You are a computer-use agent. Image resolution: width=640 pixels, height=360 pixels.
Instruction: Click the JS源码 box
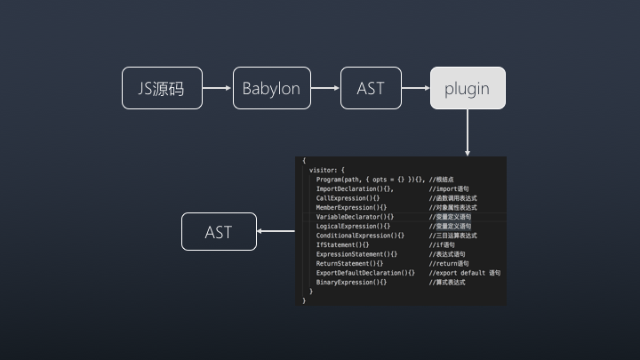coord(162,88)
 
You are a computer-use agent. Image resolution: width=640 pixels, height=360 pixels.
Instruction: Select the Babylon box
coord(272,88)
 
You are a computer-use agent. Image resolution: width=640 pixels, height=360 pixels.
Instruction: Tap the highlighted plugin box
coord(468,88)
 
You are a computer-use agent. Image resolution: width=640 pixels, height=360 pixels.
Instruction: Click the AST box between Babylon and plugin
coord(371,88)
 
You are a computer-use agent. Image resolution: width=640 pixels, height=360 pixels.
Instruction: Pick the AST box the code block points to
coord(219,232)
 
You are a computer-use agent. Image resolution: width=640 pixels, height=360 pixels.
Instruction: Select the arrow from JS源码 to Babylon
coord(218,88)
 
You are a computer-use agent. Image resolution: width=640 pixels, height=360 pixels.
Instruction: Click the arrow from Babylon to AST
coord(326,88)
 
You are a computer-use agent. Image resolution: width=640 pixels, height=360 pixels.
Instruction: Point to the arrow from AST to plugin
coord(416,88)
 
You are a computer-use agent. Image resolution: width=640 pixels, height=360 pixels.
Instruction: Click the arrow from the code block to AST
coord(276,232)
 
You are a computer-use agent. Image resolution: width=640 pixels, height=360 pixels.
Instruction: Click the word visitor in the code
coord(324,170)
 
